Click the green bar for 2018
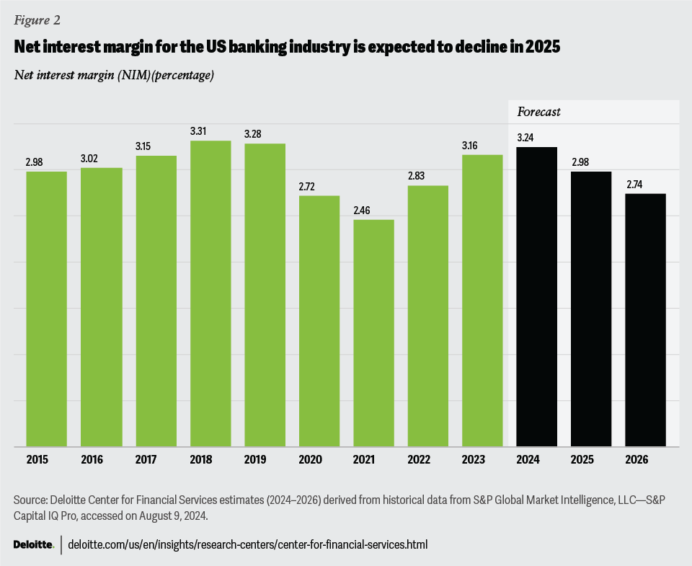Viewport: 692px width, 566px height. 210,293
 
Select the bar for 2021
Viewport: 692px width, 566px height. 373,333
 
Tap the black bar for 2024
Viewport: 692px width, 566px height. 537,297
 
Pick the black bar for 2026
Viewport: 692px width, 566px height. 646,320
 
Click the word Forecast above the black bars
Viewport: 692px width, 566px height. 539,112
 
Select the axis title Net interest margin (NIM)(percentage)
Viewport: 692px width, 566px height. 113,75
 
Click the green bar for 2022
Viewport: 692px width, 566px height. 428,317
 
